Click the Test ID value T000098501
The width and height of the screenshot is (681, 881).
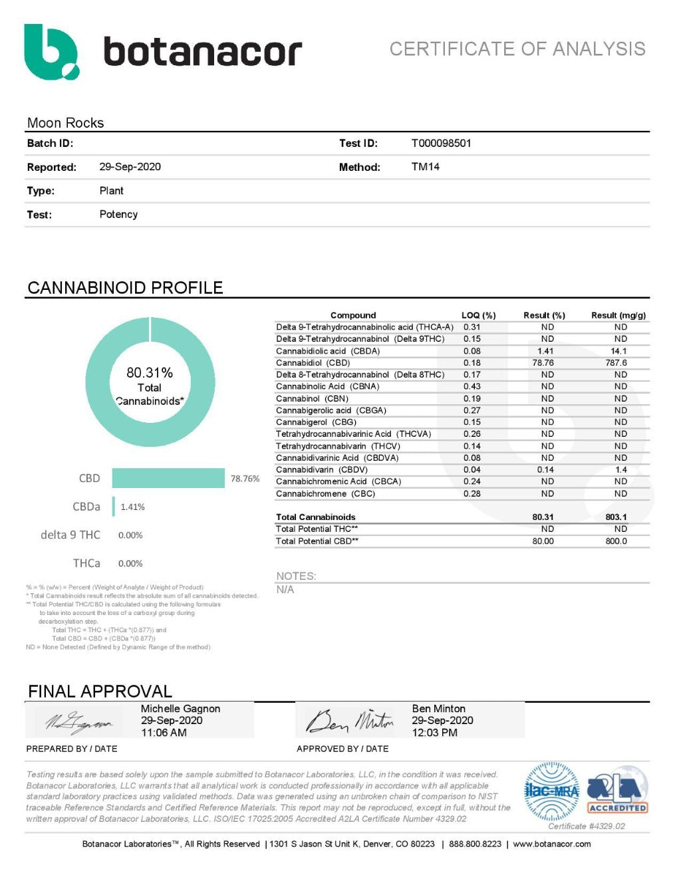coord(441,143)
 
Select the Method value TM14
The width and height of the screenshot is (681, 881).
coord(425,167)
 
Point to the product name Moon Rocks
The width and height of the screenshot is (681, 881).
coord(65,123)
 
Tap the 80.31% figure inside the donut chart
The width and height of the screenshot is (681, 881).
coord(150,372)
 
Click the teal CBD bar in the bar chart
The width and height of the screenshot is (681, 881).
coord(168,478)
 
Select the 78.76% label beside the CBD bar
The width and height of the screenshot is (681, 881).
coord(245,479)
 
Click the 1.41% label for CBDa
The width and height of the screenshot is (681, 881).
coord(132,507)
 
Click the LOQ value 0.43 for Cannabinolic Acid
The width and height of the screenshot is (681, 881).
coord(472,386)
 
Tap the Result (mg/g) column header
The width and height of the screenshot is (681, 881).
coord(618,315)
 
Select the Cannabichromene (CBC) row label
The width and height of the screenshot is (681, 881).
coord(325,493)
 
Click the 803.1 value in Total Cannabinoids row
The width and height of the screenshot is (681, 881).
coord(616,517)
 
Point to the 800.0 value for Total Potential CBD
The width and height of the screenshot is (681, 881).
coord(616,541)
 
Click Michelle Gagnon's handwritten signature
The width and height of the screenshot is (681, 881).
coord(78,722)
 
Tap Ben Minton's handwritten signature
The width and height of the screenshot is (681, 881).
coord(349,720)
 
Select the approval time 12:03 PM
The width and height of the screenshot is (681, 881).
coord(434,733)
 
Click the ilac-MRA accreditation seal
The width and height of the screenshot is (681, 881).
coord(551,791)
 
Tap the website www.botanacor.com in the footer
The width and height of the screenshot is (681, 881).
coord(551,844)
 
